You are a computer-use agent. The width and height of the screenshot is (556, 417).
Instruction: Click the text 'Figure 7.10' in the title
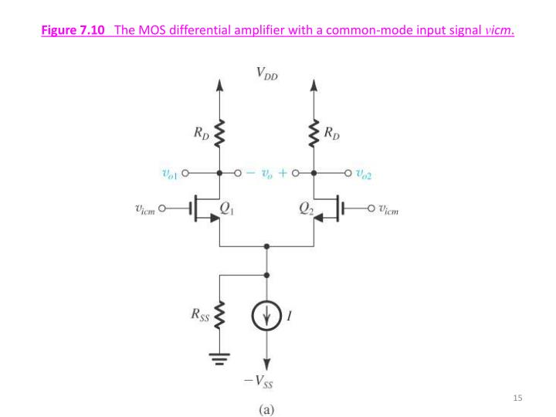73,31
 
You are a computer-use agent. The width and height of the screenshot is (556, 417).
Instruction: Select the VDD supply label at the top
267,74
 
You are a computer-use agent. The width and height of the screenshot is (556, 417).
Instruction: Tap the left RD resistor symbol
220,133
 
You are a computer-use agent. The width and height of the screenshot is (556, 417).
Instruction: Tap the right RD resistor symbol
314,133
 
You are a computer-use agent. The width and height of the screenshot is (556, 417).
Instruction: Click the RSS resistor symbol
220,316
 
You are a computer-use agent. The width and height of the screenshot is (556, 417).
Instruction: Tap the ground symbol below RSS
220,358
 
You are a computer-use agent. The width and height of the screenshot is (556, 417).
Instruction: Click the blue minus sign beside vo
250,175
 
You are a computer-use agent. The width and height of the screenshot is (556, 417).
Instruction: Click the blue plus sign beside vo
283,175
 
